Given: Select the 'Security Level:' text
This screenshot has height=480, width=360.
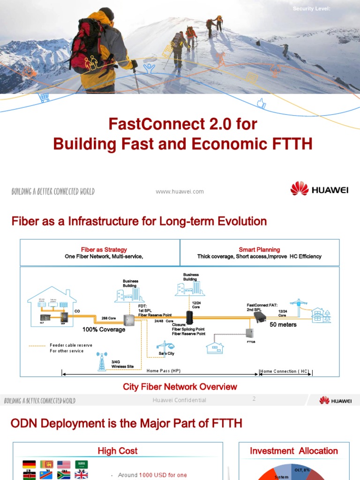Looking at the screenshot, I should pyautogui.click(x=312, y=9).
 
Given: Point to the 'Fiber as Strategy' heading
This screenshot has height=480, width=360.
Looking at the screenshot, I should pyautogui.click(x=104, y=250).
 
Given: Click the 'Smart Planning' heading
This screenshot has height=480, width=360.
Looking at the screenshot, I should pyautogui.click(x=259, y=250).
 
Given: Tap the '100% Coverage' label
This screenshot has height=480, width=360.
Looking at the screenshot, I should pyautogui.click(x=104, y=330).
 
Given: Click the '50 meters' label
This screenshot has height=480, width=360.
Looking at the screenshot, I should pyautogui.click(x=283, y=324).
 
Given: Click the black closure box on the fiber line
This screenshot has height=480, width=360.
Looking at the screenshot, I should pyautogui.click(x=190, y=318).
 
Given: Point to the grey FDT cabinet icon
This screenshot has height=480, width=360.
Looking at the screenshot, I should pyautogui.click(x=128, y=320).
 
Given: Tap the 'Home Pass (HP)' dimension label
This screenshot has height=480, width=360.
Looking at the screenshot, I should pyautogui.click(x=164, y=371).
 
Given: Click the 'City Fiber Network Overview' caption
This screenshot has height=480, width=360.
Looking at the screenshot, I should pyautogui.click(x=180, y=387).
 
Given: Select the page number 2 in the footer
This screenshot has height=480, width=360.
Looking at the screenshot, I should pyautogui.click(x=254, y=399).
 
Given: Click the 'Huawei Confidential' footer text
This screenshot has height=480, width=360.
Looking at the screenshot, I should pyautogui.click(x=180, y=400).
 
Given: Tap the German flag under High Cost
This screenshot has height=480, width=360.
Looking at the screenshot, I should pyautogui.click(x=29, y=465).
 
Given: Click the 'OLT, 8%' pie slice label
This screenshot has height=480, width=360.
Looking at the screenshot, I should pyautogui.click(x=302, y=470).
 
